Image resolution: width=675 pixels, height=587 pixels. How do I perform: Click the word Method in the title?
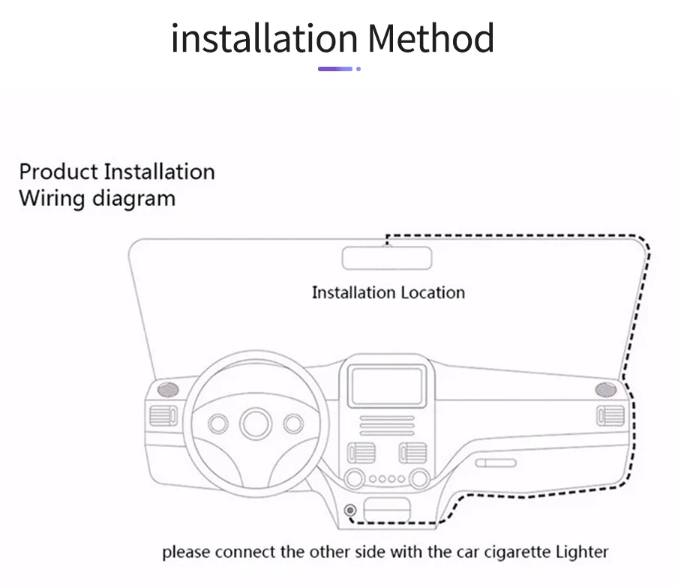tap(432, 37)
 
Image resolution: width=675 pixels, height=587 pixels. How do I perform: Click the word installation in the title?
tap(264, 37)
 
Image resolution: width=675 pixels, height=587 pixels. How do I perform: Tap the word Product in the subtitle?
tap(58, 172)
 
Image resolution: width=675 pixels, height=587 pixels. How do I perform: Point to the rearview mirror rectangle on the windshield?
tap(388, 257)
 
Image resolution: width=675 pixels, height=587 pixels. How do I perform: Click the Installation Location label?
tap(388, 292)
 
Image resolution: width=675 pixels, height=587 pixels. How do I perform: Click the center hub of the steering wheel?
tap(256, 424)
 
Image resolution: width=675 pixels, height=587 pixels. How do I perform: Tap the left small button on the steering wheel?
tap(218, 424)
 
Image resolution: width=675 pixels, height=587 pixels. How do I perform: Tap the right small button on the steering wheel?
tap(293, 424)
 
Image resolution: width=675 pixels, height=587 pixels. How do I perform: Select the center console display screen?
tap(387, 386)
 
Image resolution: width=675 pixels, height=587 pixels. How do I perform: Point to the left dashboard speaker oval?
tap(167, 390)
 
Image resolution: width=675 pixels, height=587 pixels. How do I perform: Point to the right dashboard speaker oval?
tap(605, 390)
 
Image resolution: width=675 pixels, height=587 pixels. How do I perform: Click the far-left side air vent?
tap(163, 415)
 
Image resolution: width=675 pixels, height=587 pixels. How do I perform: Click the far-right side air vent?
tap(610, 415)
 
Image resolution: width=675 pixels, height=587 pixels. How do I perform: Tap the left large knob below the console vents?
tap(352, 478)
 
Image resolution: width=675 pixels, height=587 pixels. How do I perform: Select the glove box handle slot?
tap(497, 463)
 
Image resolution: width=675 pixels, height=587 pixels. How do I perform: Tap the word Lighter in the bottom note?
tap(583, 553)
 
